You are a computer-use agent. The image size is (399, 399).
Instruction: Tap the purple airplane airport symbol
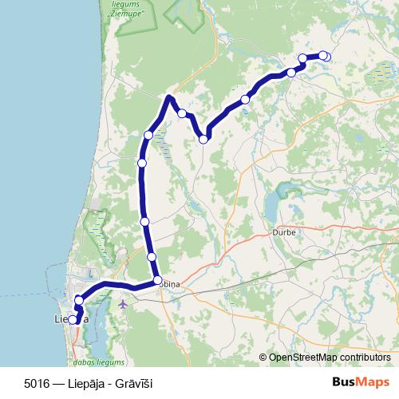coord(122,303)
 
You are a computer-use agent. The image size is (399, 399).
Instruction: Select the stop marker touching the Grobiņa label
coord(157,280)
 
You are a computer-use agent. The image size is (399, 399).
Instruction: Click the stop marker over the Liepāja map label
coord(73,320)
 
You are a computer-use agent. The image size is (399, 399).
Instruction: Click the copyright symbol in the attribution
coord(263,358)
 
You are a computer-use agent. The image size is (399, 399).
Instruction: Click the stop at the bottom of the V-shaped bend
coord(203,140)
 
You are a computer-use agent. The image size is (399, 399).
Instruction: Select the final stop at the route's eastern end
coord(325,56)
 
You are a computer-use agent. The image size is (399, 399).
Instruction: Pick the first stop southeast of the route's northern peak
coord(182,113)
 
